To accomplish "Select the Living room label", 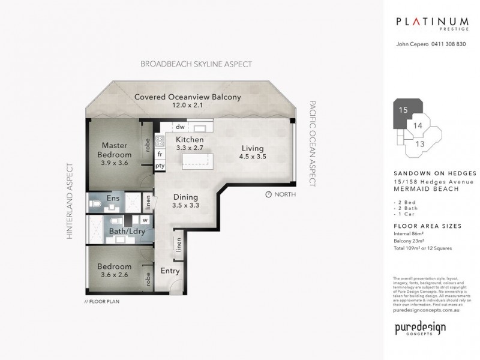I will pyautogui.click(x=253, y=152).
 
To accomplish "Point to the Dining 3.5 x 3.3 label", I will pyautogui.click(x=186, y=200).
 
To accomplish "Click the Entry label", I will pyautogui.click(x=170, y=271).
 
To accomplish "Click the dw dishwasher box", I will pyautogui.click(x=179, y=127).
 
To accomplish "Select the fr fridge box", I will pyautogui.click(x=161, y=154).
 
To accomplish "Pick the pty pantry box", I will pyautogui.click(x=160, y=166).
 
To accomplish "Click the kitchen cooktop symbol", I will pyautogui.click(x=160, y=141).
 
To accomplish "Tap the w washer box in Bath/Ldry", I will pyautogui.click(x=145, y=220).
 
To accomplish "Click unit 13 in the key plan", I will pyautogui.click(x=420, y=144).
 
